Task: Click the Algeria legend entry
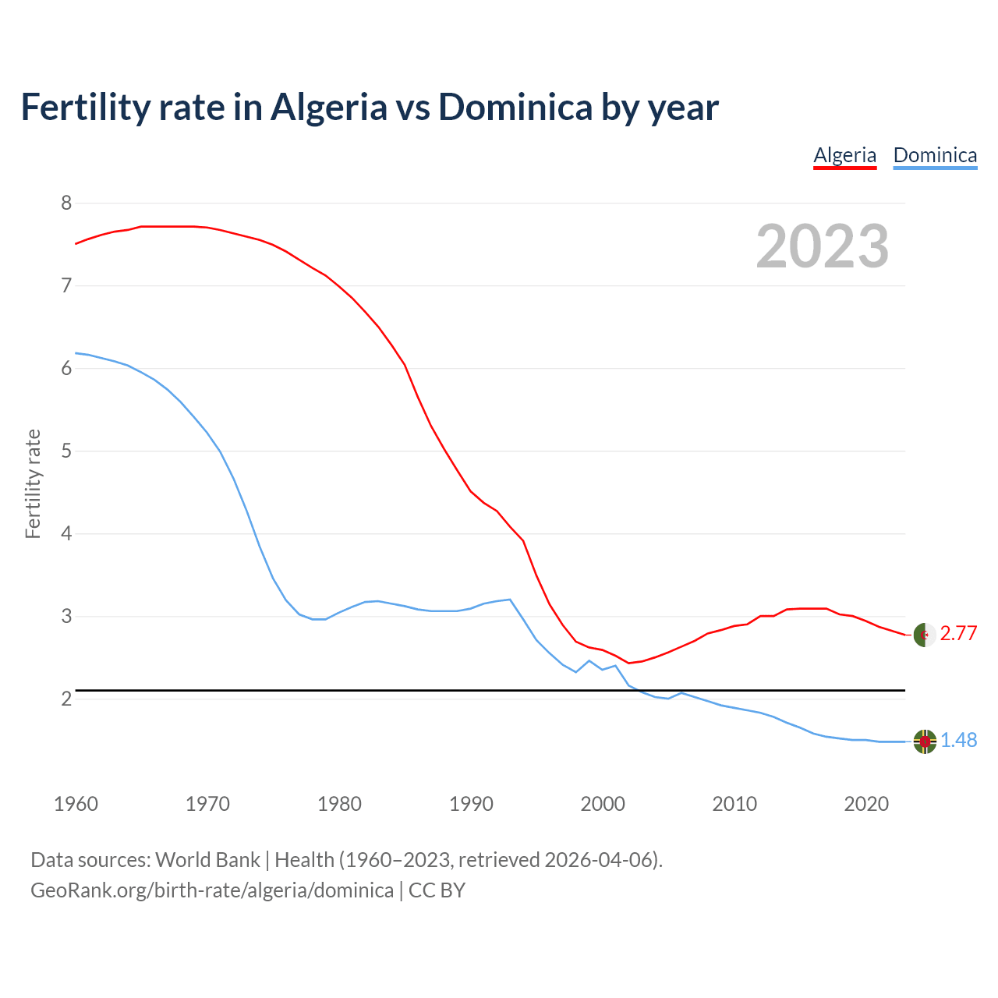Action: (844, 155)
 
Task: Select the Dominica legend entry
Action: (935, 155)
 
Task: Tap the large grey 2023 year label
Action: (822, 246)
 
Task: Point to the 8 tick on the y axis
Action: (66, 203)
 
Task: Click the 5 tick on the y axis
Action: (66, 451)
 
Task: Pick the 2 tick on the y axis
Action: (66, 699)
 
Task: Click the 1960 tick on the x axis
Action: (76, 804)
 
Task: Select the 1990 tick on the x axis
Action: (471, 804)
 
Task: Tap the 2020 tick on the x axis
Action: (866, 804)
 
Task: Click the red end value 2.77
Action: (958, 634)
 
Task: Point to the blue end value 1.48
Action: (958, 741)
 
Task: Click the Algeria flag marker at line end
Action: (925, 635)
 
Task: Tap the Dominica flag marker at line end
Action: (925, 741)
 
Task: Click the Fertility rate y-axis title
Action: (33, 483)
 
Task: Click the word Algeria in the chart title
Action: (328, 108)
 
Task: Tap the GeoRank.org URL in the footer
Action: (212, 890)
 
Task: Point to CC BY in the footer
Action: (437, 890)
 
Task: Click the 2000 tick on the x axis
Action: (603, 804)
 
